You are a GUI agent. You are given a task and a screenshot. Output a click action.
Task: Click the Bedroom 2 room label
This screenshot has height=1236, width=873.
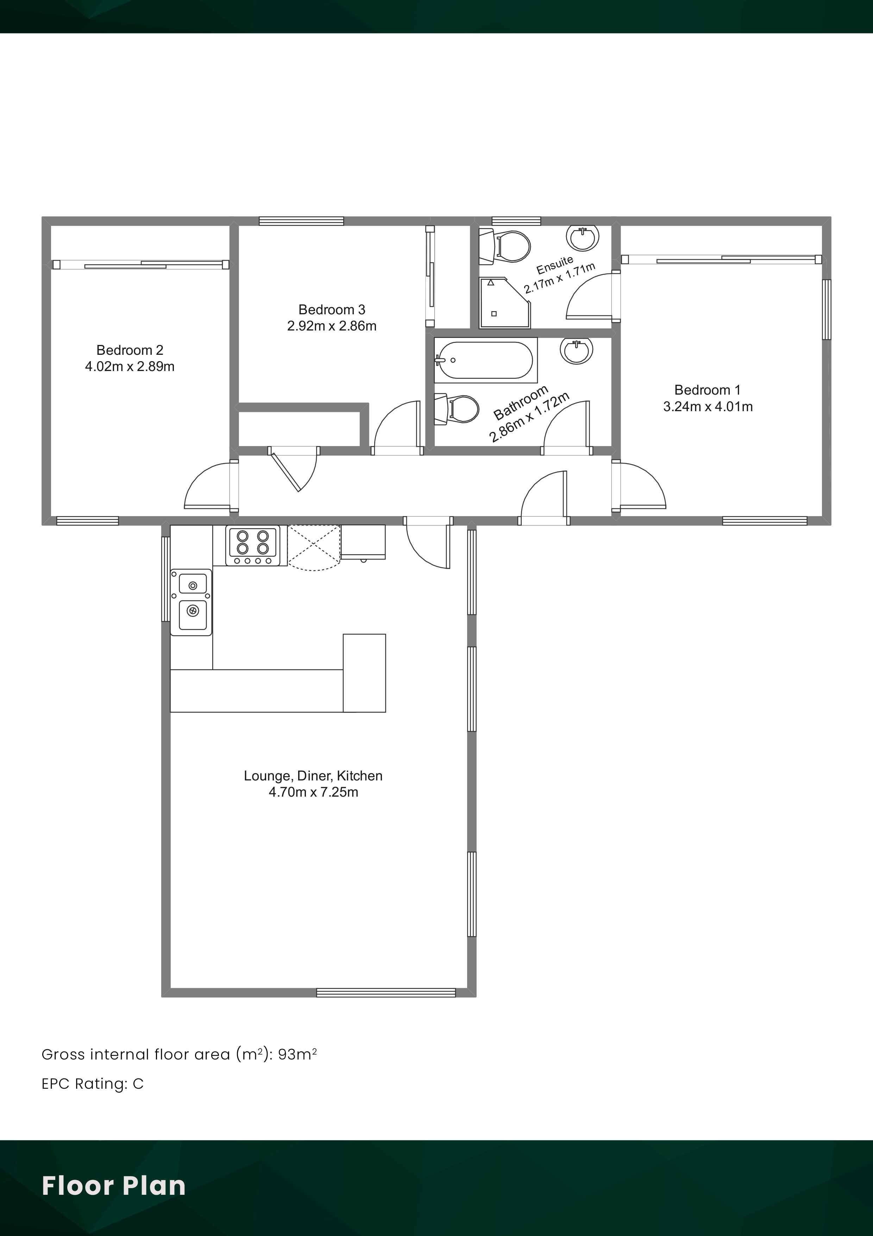(130, 350)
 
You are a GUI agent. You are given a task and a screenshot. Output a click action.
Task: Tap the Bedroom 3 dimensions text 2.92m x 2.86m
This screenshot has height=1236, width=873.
(332, 326)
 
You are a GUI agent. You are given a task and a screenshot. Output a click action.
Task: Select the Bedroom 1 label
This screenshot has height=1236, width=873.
(707, 390)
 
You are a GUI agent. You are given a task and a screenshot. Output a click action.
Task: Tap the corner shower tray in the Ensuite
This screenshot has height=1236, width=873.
(504, 303)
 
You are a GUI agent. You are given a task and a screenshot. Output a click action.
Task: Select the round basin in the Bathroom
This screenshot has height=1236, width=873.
(577, 351)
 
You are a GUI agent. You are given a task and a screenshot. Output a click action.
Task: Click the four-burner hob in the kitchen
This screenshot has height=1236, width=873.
(253, 546)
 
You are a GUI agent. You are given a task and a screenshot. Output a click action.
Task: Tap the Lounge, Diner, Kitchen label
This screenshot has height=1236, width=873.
(313, 776)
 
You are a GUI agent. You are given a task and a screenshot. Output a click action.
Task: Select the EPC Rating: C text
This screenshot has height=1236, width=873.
(93, 1084)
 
